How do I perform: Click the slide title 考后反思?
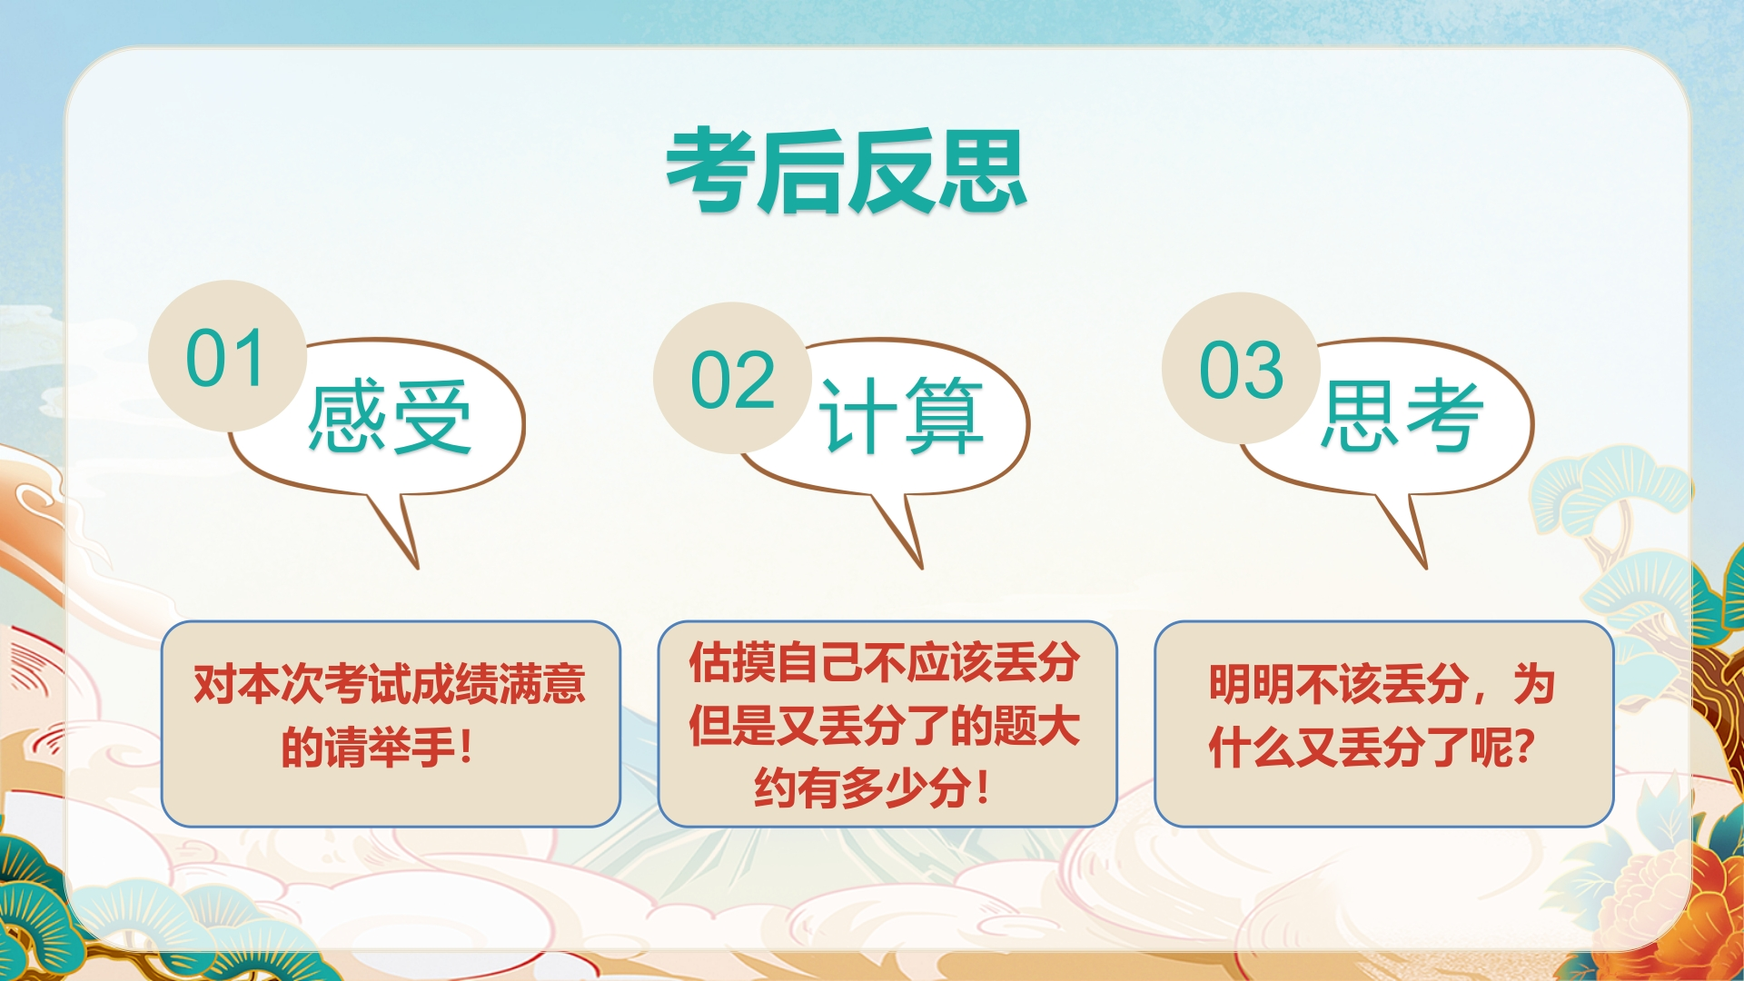[847, 172]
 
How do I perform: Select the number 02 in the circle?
[732, 380]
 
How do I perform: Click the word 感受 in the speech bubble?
[390, 417]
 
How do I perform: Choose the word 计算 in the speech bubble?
[900, 415]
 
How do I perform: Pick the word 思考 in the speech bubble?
[1402, 415]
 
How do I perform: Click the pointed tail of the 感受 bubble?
[417, 568]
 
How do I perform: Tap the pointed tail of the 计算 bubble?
[921, 568]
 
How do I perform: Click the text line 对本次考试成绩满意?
[390, 684]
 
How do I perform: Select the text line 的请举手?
[378, 748]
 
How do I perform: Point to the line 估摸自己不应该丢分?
[885, 662]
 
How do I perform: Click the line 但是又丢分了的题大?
[885, 726]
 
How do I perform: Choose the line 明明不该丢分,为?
[1382, 684]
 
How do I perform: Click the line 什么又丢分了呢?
[1372, 748]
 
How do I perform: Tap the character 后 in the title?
[801, 172]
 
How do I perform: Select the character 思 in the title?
[983, 172]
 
